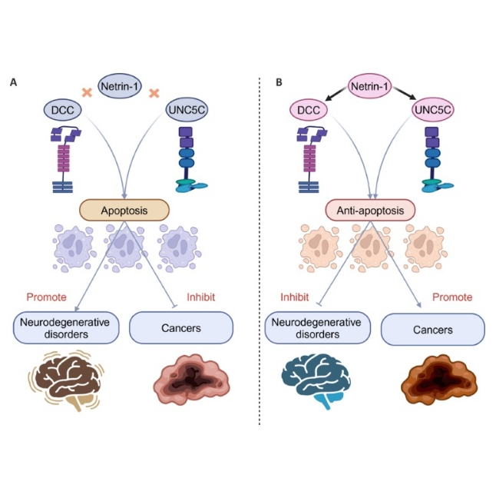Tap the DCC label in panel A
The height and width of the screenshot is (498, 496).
tap(61, 111)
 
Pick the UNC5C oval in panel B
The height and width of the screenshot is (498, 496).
tap(432, 111)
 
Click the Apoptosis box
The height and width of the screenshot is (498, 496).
tap(123, 208)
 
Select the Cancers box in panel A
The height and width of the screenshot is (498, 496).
tap(181, 328)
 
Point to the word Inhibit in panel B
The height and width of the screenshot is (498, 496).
tap(293, 296)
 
